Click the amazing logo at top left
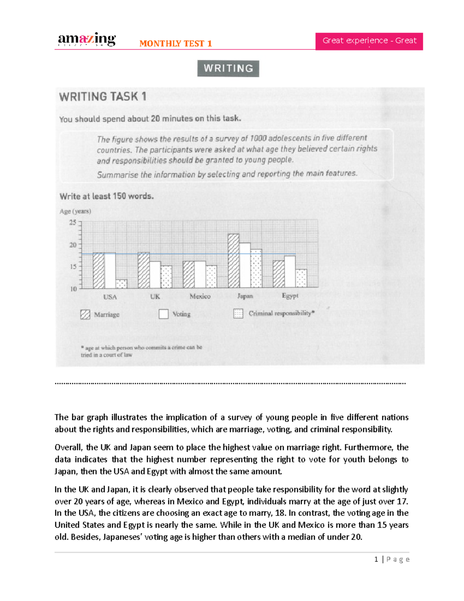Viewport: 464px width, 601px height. click(87, 39)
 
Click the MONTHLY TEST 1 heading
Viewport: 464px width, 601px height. click(176, 43)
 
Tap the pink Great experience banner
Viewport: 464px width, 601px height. click(369, 41)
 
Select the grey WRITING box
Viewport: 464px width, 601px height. click(228, 68)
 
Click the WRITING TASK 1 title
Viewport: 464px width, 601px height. click(102, 96)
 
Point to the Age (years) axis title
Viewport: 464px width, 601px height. click(75, 211)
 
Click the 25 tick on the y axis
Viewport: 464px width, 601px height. click(73, 223)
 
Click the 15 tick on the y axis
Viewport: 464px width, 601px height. click(73, 267)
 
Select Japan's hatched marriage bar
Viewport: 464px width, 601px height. click(233, 261)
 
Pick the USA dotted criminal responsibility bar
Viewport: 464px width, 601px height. click(121, 284)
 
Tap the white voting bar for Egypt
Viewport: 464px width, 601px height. click(290, 271)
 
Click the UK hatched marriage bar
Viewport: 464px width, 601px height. click(144, 270)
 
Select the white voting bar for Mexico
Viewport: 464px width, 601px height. click(200, 274)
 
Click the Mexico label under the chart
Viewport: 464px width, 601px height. click(200, 296)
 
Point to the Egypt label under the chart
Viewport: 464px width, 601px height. click(290, 296)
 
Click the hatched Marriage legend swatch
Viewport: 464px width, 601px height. click(85, 314)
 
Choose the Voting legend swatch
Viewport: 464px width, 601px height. click(164, 314)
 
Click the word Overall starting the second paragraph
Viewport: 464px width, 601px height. click(68, 447)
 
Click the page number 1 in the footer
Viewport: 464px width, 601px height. click(376, 559)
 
